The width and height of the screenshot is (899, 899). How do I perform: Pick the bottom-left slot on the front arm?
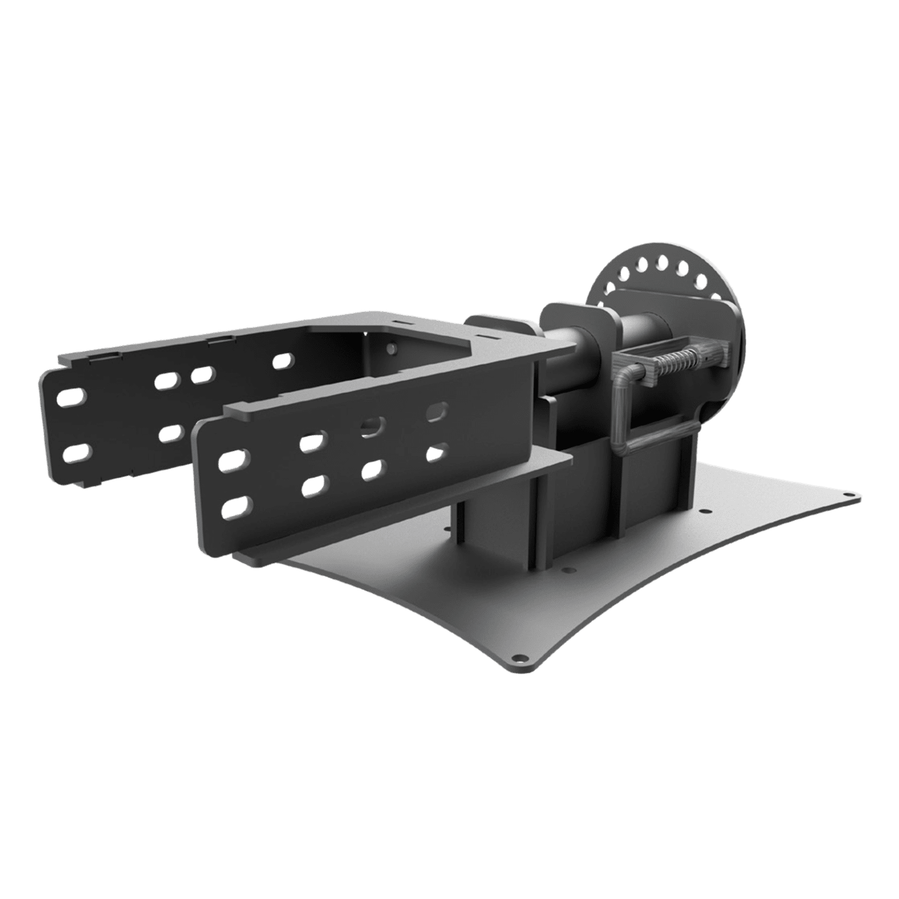236,507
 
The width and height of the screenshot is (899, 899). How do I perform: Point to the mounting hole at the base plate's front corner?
517,656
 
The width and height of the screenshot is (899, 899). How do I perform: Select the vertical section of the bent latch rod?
619,410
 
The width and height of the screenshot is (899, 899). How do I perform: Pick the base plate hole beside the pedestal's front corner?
565,568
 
